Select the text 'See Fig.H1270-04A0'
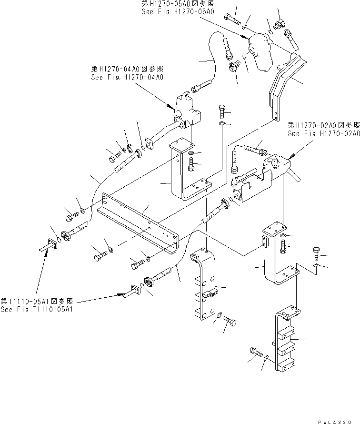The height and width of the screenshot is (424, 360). [127, 77]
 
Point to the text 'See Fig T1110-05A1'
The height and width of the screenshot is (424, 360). [37, 308]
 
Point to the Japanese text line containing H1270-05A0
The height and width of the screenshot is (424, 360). [175, 4]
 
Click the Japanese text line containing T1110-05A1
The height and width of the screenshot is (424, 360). [37, 301]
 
